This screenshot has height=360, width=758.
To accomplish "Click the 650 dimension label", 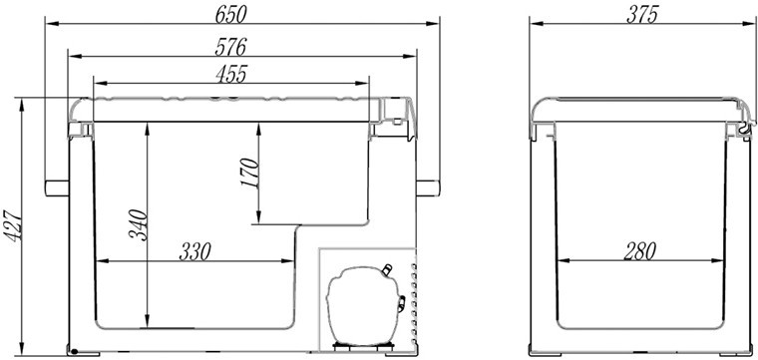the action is [231, 15].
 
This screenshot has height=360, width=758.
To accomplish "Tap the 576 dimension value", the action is [231, 47].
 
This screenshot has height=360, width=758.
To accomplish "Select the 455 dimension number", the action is [231, 75].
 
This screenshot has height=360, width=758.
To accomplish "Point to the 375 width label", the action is [642, 15].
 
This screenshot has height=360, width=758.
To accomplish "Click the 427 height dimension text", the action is [14, 225].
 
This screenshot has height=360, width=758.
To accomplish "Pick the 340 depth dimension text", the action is [138, 224].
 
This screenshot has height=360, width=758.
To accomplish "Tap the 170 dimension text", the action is [250, 174].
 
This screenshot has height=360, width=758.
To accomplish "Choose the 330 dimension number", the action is [195, 251].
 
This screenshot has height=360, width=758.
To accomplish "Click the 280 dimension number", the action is [639, 251].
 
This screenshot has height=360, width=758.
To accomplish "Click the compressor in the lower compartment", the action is [363, 305].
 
